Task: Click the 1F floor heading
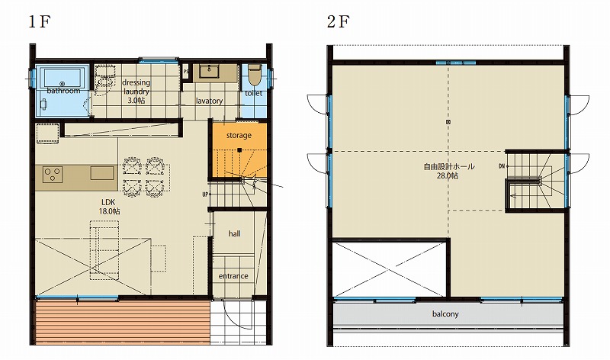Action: point(39,22)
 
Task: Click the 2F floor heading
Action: point(339,22)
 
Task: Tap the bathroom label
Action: point(63,91)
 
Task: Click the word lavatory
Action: point(209,101)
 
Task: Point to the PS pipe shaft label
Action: point(186,72)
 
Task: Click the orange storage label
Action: point(239,136)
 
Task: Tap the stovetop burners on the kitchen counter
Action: point(53,174)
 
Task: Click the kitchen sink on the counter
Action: point(102,173)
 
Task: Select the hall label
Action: point(235,233)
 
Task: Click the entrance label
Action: point(233,276)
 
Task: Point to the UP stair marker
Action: point(205,194)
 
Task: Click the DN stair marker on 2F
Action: point(502,166)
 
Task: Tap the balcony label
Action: point(445,313)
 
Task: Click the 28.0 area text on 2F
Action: point(448,175)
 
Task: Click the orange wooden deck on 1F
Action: point(123,322)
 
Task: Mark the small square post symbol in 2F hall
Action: point(448,122)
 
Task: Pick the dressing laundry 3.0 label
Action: point(136,92)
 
